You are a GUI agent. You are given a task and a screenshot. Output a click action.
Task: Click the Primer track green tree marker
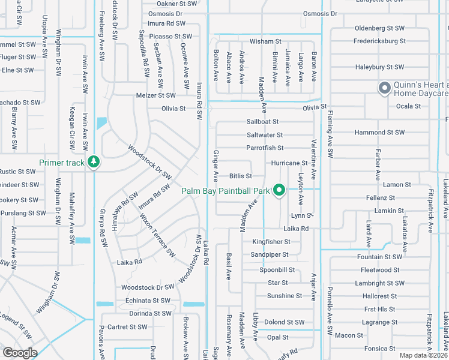click(93, 162)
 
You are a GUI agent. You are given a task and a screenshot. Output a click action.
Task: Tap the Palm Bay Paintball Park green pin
click(279, 190)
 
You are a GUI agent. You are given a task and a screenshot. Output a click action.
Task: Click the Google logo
click(20, 353)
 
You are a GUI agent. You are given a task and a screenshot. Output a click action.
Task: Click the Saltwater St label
click(264, 135)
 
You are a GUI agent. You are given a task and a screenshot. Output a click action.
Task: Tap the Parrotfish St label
click(265, 148)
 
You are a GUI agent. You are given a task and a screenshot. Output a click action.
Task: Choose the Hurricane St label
click(289, 163)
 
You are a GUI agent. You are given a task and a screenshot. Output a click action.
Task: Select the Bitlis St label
click(240, 176)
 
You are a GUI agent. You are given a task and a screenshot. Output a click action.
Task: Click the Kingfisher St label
click(271, 242)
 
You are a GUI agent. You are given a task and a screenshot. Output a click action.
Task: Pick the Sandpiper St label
click(270, 255)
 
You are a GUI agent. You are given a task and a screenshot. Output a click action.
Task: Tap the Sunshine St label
click(285, 296)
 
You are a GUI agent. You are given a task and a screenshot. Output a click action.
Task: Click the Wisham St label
click(265, 41)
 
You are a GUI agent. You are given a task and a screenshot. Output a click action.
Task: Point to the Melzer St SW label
click(155, 95)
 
